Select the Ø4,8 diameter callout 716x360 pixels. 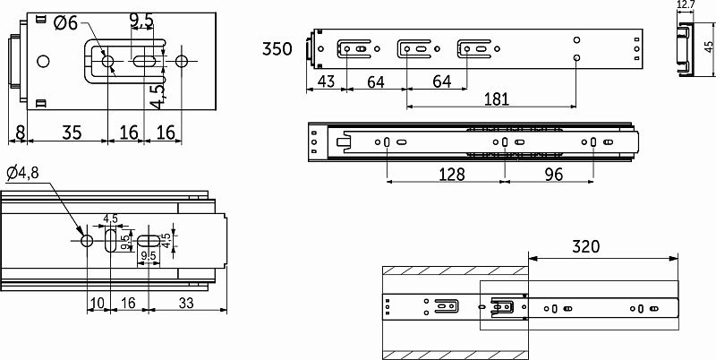(22, 172)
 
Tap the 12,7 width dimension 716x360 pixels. (686, 6)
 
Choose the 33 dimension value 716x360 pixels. (186, 303)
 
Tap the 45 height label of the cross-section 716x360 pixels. (708, 51)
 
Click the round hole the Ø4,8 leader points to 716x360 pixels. (87, 242)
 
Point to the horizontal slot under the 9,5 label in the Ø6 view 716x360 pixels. (145, 61)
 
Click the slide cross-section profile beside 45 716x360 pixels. (685, 51)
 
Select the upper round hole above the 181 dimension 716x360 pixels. (577, 40)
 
